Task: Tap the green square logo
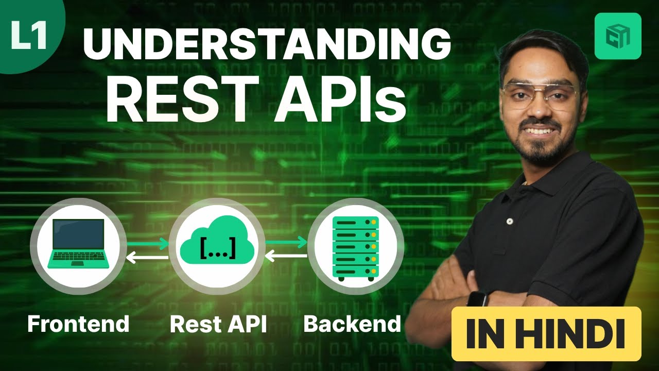click(617, 36)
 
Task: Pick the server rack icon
click(356, 246)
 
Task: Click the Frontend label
click(78, 324)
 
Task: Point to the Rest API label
click(218, 324)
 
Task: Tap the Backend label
click(352, 324)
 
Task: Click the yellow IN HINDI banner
click(546, 334)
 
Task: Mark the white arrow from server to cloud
click(286, 254)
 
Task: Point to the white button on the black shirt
click(510, 221)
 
